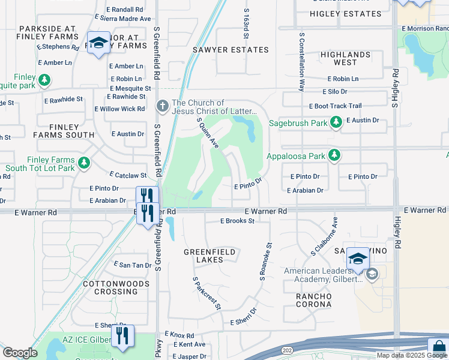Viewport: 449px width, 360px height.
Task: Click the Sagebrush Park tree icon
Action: [x=336, y=123]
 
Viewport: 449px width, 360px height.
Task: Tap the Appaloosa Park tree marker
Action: [x=334, y=156]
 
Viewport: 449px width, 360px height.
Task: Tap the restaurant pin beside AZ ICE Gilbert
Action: [x=122, y=336]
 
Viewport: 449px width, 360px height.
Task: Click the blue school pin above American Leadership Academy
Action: [x=358, y=259]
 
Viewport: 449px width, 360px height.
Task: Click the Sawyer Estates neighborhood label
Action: [x=230, y=50]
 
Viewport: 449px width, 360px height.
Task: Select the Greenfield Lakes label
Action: [x=203, y=256]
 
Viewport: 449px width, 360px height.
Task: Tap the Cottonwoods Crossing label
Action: [x=110, y=287]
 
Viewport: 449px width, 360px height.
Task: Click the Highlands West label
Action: [x=345, y=58]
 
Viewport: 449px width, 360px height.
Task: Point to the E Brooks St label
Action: [x=237, y=221]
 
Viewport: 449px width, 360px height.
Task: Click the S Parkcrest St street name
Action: [x=207, y=293]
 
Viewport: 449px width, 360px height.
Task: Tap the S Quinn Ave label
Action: [x=208, y=132]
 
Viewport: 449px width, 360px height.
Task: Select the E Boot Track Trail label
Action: [x=336, y=106]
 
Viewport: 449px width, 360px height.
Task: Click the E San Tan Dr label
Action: [x=133, y=265]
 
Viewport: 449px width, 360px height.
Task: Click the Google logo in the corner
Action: [x=20, y=353]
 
